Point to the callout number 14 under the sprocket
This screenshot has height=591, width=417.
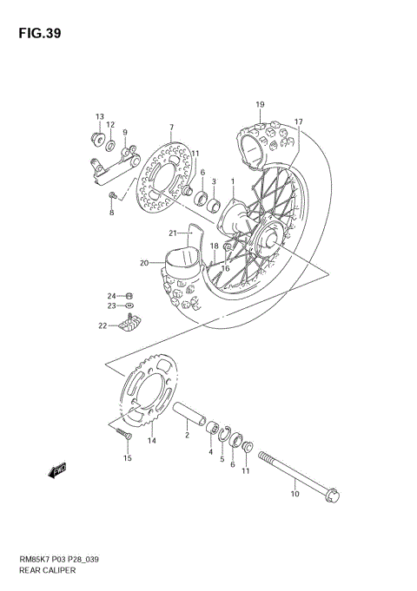coord(151,441)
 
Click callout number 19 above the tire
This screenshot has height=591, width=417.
coord(259,105)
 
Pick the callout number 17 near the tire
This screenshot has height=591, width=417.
coord(298,121)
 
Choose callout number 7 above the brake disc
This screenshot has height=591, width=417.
coord(171,128)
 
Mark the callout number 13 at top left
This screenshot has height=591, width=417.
coord(100,116)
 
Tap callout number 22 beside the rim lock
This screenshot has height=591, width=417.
coord(103,326)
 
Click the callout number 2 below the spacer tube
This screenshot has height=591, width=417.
coord(186,437)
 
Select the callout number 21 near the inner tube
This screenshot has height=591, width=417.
coord(173,233)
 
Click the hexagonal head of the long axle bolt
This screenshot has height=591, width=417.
coord(332,497)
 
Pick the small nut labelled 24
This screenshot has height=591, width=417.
coord(129,295)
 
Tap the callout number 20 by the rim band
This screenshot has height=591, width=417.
coord(143,263)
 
